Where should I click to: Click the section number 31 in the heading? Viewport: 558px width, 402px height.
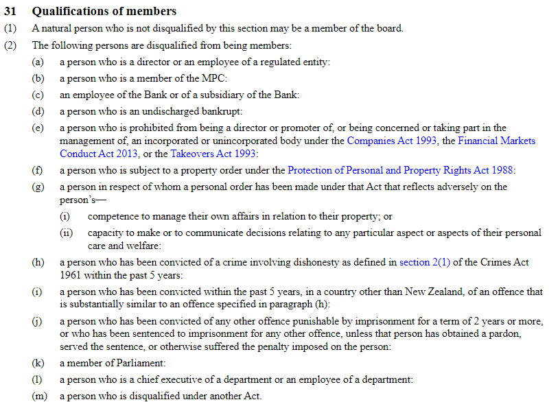[x=11, y=11]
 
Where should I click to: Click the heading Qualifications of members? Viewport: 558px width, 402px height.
[x=104, y=11]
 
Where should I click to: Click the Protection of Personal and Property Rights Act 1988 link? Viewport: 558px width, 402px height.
[x=401, y=170]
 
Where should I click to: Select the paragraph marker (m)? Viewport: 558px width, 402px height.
[x=39, y=396]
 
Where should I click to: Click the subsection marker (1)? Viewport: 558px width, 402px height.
[x=10, y=29]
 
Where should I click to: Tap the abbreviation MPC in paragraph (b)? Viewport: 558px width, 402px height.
[x=212, y=78]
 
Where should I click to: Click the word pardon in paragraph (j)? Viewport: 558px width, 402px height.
[x=520, y=333]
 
